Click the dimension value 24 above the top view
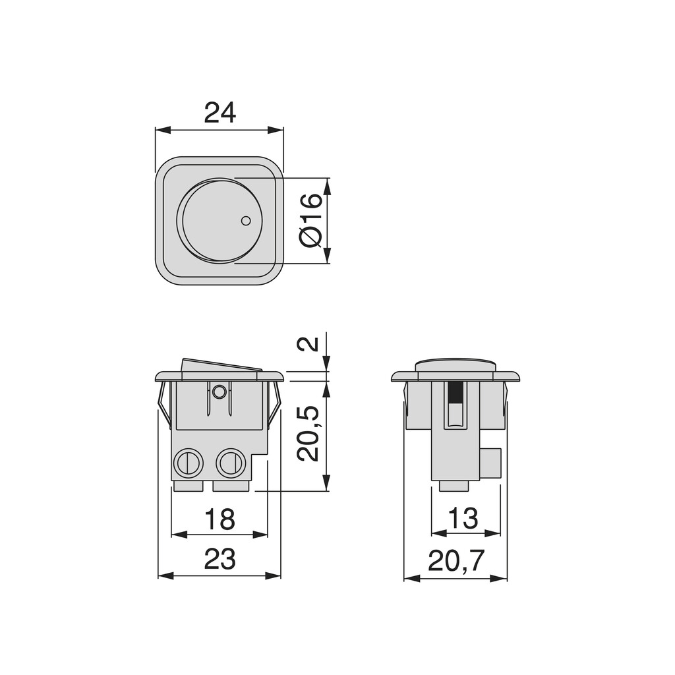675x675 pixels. click(x=220, y=113)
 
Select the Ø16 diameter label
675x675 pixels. click(x=311, y=220)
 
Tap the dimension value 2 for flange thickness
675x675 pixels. click(x=308, y=343)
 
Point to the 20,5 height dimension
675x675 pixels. click(x=308, y=433)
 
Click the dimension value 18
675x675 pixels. click(x=220, y=519)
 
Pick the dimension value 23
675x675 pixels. click(x=220, y=560)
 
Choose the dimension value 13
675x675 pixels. click(x=463, y=519)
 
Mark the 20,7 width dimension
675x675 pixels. click(x=456, y=561)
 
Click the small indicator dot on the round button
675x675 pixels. click(x=246, y=221)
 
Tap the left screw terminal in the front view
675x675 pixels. click(x=188, y=463)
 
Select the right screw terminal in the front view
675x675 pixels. click(x=231, y=463)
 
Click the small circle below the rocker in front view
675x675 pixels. click(x=220, y=392)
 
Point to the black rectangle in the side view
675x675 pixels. click(x=455, y=393)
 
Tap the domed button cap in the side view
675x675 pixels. click(x=455, y=365)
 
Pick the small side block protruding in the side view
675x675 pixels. click(x=490, y=463)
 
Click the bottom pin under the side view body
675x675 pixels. click(x=454, y=486)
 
